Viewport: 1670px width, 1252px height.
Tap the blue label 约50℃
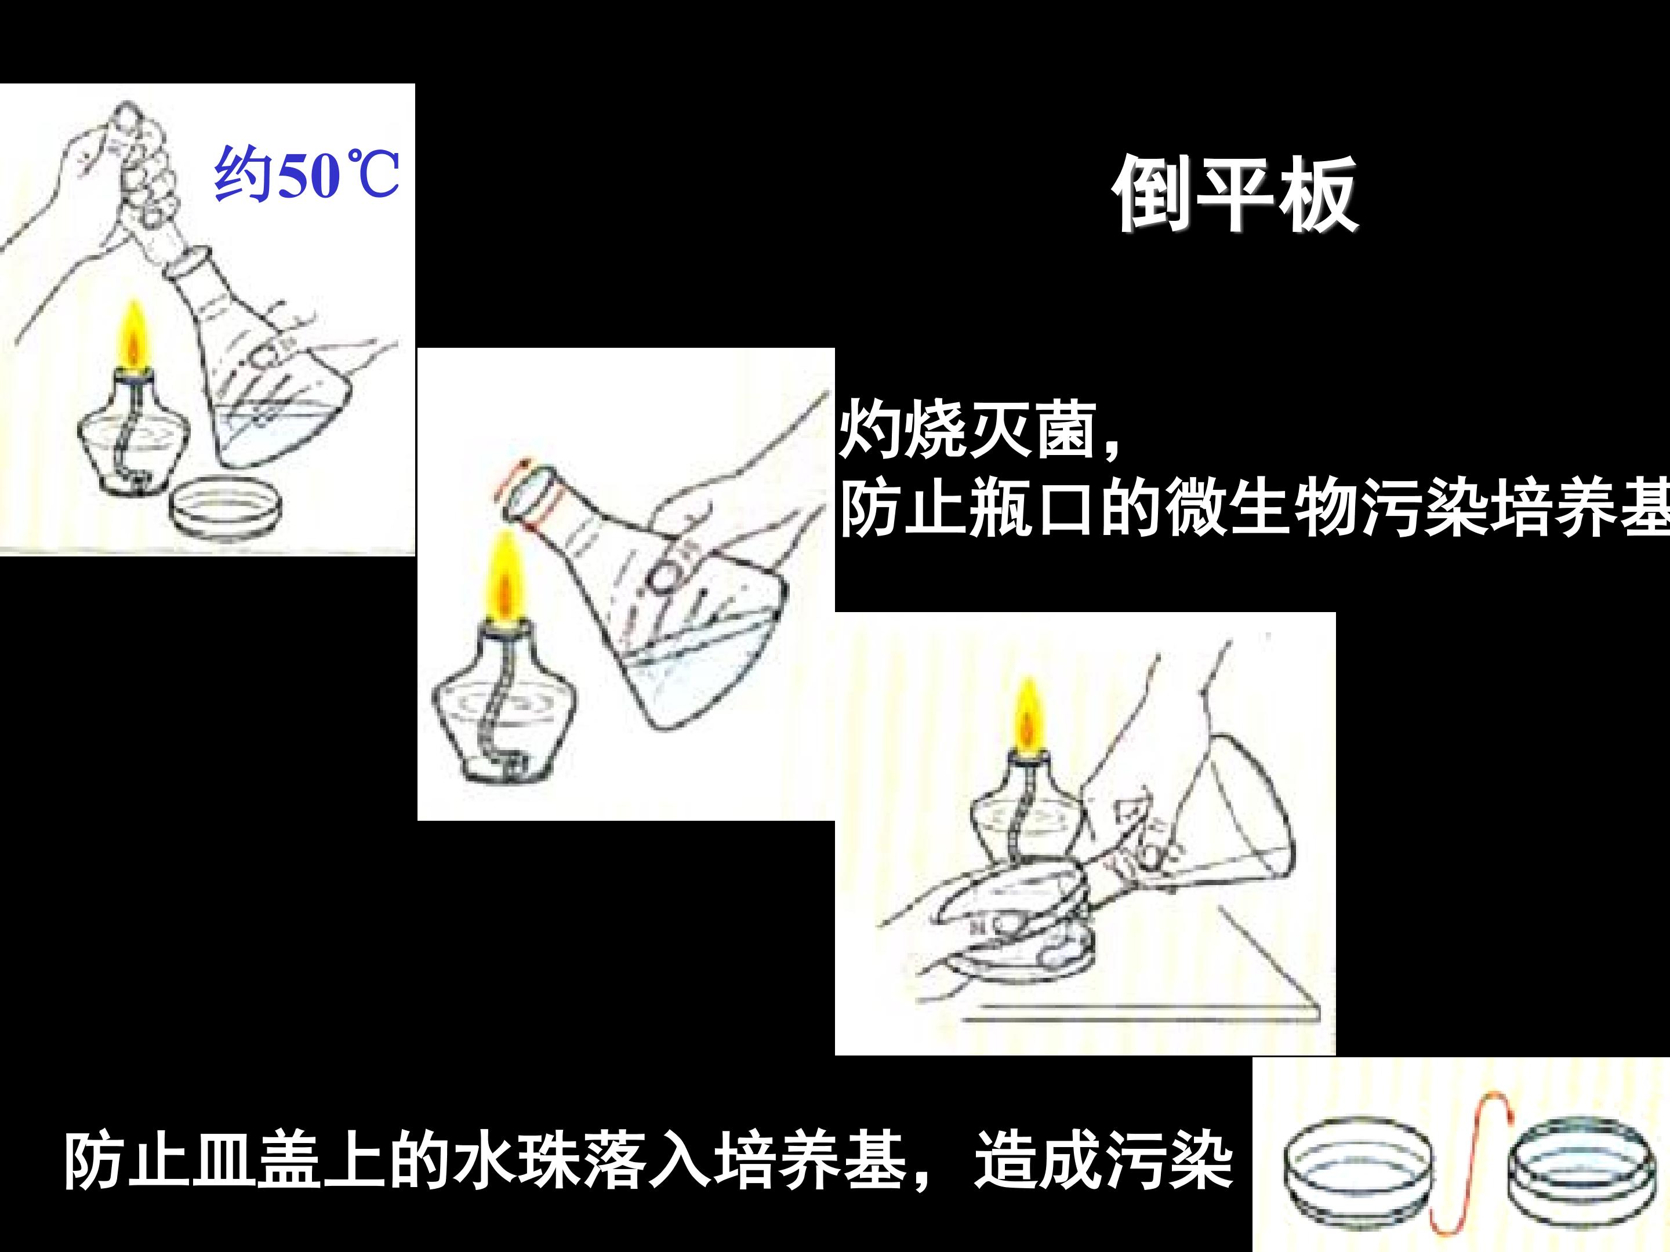tap(307, 174)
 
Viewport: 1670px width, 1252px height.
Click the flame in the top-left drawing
tap(135, 336)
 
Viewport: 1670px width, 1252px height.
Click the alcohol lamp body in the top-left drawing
tap(135, 434)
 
